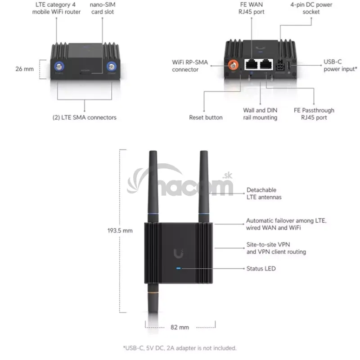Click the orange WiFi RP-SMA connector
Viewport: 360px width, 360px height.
[233, 66]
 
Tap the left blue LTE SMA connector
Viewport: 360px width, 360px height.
[59, 67]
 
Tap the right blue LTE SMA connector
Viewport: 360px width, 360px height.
[112, 67]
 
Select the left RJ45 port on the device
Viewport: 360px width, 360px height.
[252, 64]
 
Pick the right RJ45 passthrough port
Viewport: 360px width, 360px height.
[266, 64]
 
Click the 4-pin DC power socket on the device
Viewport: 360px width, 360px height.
[279, 66]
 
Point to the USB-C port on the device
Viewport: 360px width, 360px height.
[289, 66]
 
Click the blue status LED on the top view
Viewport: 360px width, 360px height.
[178, 268]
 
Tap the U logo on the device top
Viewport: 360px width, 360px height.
[178, 253]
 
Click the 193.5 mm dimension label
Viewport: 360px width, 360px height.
[120, 230]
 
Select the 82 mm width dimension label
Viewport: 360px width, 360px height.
[180, 327]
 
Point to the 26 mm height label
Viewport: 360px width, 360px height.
[25, 69]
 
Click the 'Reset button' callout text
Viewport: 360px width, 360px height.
[206, 117]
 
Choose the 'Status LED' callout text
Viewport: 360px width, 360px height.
[261, 268]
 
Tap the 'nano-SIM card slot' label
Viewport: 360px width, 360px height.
[103, 8]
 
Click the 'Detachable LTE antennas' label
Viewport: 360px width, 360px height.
[264, 193]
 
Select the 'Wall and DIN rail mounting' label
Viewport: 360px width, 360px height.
[260, 114]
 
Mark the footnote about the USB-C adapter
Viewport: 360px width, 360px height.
[180, 348]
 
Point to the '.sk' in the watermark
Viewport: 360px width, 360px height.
[227, 175]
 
